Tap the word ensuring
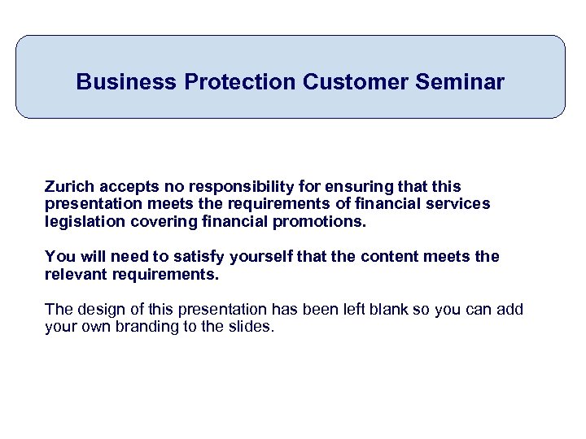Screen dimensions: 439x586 (342, 187)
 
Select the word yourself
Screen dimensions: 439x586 (260, 257)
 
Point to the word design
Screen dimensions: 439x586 (97, 310)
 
